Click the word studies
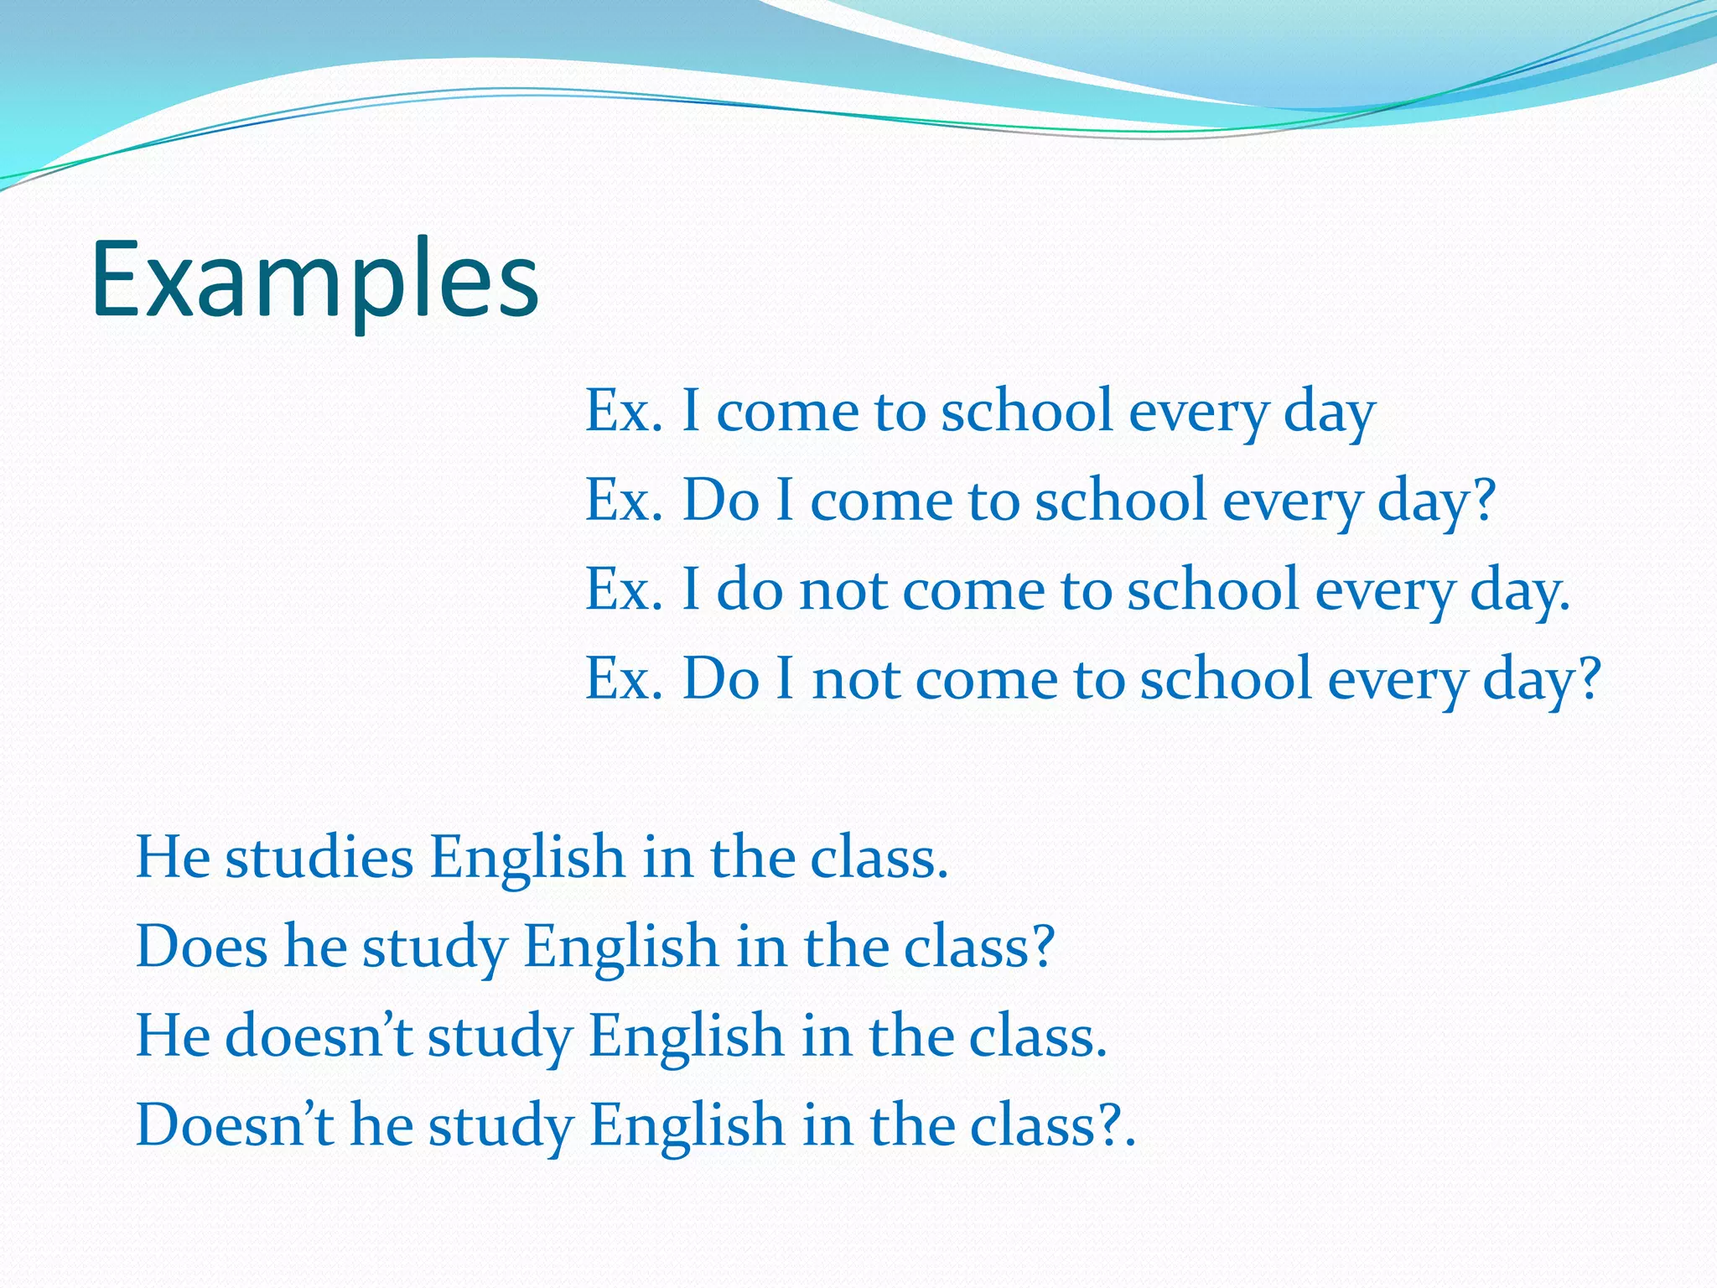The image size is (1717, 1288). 319,858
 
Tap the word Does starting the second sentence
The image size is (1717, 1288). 201,947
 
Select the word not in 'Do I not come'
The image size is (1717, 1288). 855,678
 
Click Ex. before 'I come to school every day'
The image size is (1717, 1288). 624,412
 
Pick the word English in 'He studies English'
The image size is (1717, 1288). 527,858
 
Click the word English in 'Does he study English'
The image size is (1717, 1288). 621,947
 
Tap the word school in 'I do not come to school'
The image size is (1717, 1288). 1213,589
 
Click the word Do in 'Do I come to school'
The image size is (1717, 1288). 721,501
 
